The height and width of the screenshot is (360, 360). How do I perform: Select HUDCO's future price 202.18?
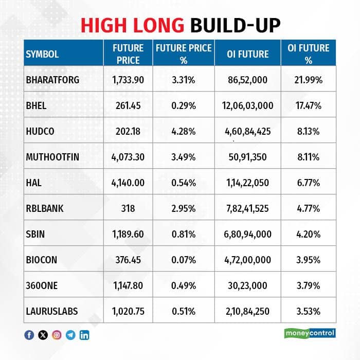(x=128, y=131)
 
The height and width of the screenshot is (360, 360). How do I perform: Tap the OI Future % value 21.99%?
(x=309, y=80)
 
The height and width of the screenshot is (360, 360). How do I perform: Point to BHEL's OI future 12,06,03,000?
(x=247, y=105)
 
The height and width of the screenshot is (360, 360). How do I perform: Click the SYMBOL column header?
(x=42, y=54)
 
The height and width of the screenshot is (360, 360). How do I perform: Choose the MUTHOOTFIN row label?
(x=52, y=157)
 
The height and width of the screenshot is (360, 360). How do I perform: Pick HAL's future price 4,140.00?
(x=128, y=183)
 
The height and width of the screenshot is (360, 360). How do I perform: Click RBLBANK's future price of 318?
(x=128, y=208)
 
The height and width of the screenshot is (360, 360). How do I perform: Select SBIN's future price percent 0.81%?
(x=184, y=234)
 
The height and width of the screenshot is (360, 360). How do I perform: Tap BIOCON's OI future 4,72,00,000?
(x=247, y=260)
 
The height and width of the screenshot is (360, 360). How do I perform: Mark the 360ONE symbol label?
(x=42, y=285)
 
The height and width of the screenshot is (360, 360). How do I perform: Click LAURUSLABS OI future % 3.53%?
(x=309, y=311)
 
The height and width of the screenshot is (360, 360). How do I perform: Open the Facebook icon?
(x=29, y=335)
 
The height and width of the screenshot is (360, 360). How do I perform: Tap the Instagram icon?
(x=57, y=335)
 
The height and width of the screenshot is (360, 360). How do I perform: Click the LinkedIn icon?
(x=84, y=335)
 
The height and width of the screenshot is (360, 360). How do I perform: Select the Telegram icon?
(x=70, y=335)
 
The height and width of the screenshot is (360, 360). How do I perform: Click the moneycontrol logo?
(x=310, y=333)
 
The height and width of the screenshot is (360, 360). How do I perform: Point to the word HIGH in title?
(x=103, y=25)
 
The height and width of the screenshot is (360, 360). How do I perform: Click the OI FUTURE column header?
(x=248, y=54)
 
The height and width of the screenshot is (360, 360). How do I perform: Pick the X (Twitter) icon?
(x=43, y=335)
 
